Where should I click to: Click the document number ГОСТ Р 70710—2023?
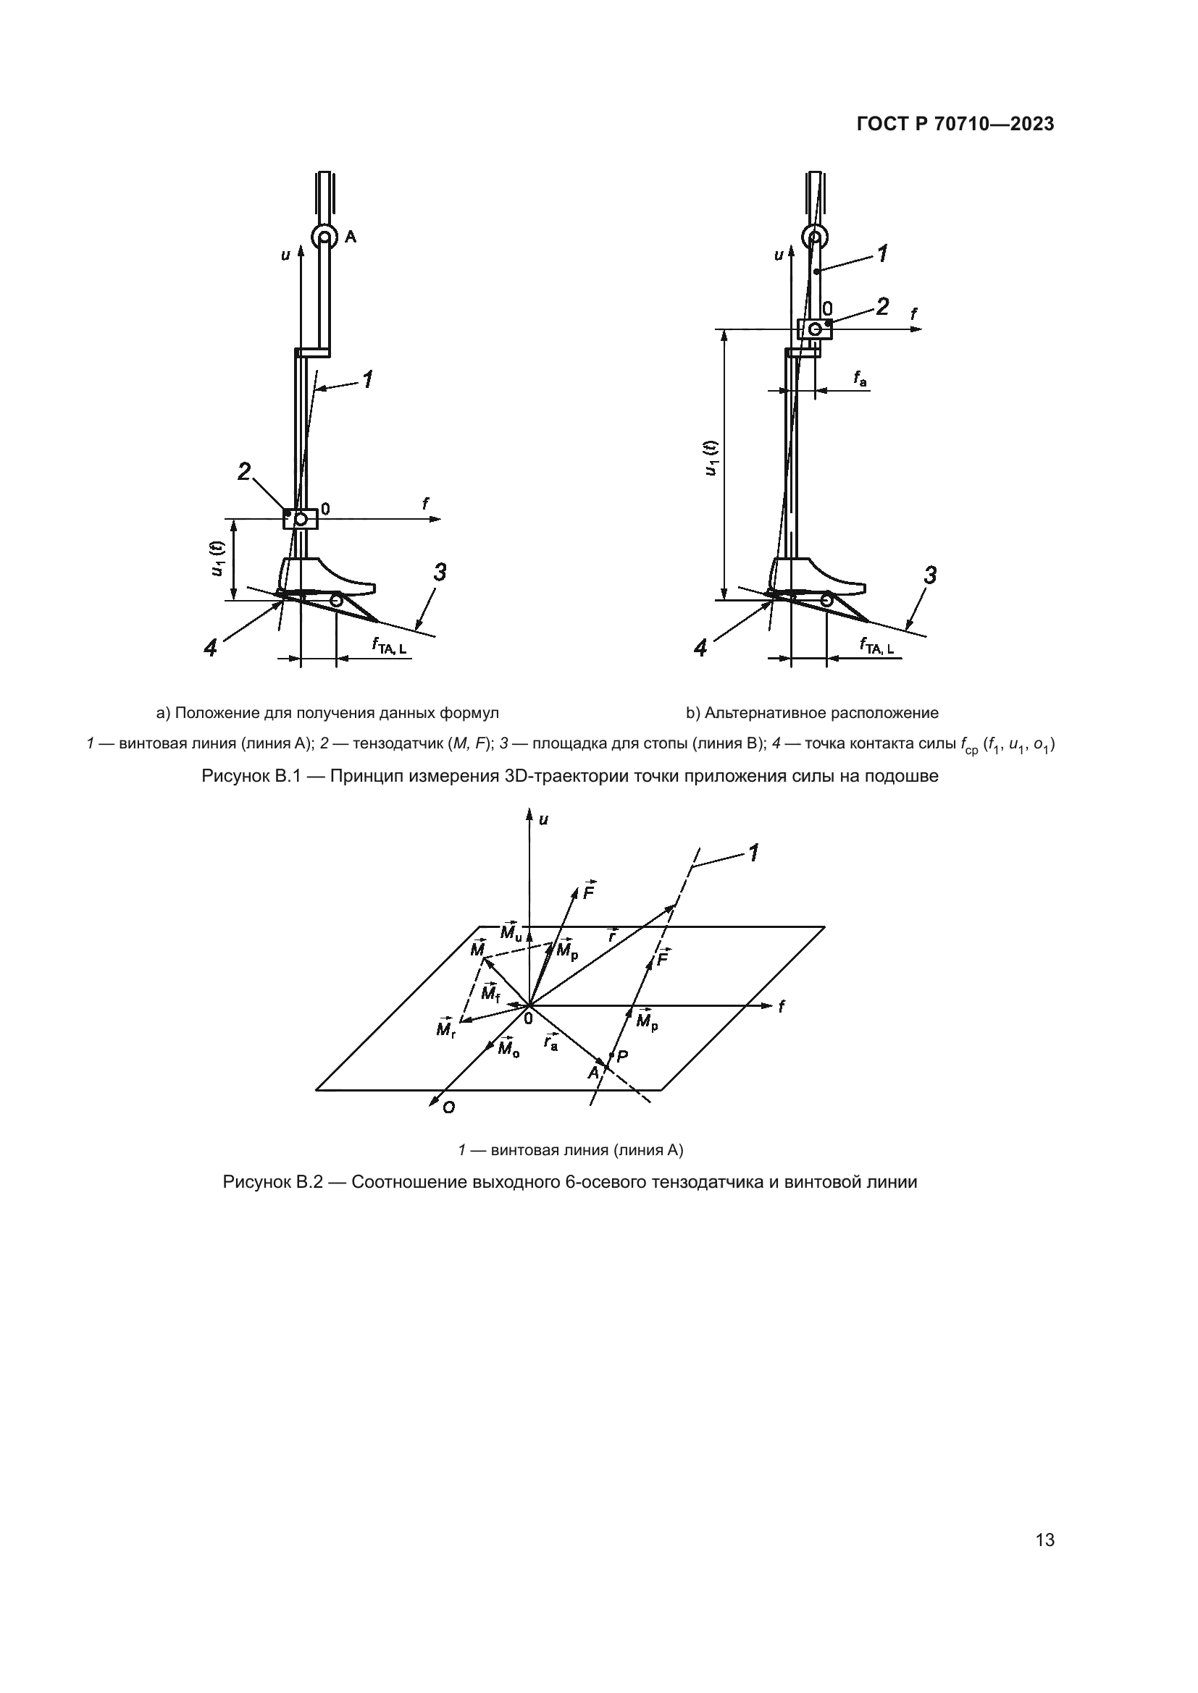tap(955, 124)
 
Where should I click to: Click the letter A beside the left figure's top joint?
tap(351, 237)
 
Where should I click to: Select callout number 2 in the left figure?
tap(244, 471)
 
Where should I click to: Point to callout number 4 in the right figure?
tap(701, 648)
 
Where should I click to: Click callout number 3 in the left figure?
tap(440, 573)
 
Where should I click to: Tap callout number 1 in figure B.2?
tap(753, 853)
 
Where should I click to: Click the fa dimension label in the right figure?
tap(860, 379)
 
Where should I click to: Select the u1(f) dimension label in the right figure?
tap(711, 459)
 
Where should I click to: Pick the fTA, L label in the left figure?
tap(389, 646)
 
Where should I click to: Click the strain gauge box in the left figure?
tap(301, 518)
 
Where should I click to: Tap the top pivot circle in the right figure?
tap(814, 237)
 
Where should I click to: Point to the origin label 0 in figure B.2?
tap(528, 1018)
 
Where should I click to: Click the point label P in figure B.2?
tap(622, 1056)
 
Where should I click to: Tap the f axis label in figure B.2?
tap(782, 1006)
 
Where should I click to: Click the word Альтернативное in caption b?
tap(766, 713)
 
